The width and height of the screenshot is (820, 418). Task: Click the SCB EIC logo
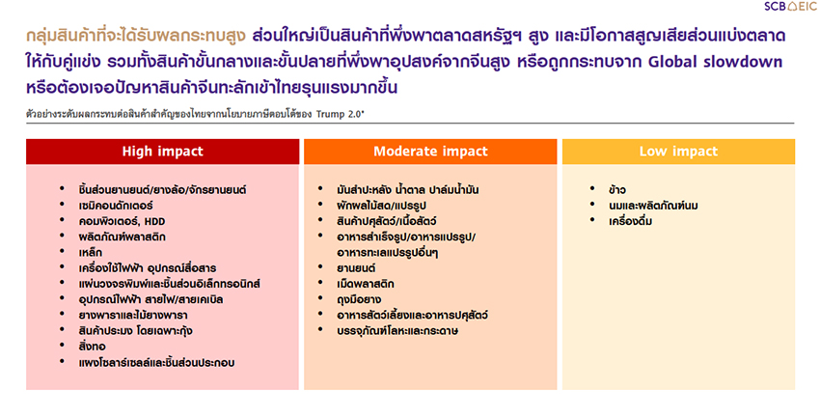point(790,7)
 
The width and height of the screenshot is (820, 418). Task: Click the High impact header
point(163,152)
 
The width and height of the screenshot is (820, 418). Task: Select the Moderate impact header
point(430,152)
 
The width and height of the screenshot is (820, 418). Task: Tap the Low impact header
point(678,152)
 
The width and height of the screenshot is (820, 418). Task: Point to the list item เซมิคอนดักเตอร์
point(116,206)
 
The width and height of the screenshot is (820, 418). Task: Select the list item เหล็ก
point(91,253)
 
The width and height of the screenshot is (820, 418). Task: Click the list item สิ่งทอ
point(92,347)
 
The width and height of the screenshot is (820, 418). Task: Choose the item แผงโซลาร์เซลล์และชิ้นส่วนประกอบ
point(156,363)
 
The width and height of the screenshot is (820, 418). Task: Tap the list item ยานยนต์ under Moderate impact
point(356,268)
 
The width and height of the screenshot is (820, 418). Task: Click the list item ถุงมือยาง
point(359,300)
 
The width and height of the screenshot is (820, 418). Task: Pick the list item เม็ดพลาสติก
point(366,284)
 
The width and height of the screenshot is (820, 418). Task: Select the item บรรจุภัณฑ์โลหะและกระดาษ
point(397,330)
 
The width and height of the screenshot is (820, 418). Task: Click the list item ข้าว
point(617,190)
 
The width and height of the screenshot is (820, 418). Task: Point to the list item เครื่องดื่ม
point(630,221)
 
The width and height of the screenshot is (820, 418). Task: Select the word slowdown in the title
point(743,62)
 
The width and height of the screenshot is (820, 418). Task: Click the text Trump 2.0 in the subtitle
point(339,114)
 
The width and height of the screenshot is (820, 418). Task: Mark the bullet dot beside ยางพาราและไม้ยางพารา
point(63,314)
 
